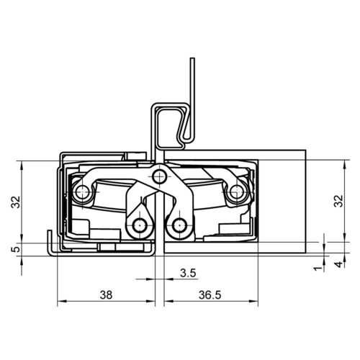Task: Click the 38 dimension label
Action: [106, 295]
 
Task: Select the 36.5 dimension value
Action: [210, 295]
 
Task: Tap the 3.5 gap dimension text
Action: [188, 273]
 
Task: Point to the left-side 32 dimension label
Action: [16, 202]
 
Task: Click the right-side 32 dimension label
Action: [338, 201]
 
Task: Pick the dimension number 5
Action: [16, 249]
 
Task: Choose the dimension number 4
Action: [339, 264]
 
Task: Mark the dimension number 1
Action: [318, 269]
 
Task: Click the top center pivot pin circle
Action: [160, 177]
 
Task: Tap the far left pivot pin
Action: [81, 192]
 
